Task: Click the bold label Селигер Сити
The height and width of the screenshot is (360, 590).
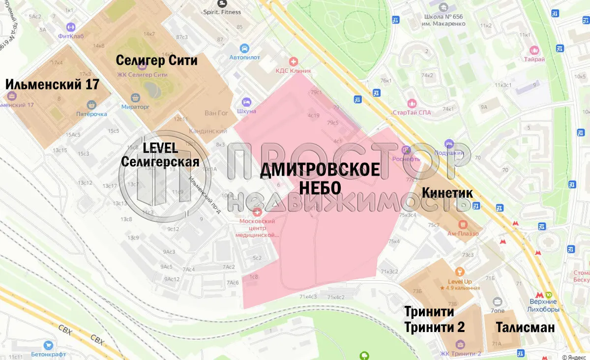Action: (x=156, y=60)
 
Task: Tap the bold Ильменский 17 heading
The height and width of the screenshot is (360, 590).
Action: (x=52, y=84)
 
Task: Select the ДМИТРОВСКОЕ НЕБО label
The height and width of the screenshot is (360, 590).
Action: (x=320, y=178)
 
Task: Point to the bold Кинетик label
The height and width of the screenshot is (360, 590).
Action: (x=447, y=193)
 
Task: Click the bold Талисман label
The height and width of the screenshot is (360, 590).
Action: (x=525, y=328)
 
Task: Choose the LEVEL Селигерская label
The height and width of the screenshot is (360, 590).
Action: (x=160, y=155)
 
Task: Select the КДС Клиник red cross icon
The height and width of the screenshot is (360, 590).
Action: (x=294, y=61)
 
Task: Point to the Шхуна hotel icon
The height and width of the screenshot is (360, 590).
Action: (x=247, y=102)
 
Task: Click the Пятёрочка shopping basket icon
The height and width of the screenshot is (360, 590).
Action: (x=91, y=105)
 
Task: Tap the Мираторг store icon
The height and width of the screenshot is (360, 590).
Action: (x=135, y=97)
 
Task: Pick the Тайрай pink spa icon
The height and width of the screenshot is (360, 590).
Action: (x=534, y=50)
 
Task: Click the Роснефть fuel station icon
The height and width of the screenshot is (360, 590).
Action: (x=406, y=150)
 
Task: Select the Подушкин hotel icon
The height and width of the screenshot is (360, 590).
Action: (x=448, y=144)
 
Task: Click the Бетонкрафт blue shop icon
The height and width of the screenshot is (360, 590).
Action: (x=48, y=346)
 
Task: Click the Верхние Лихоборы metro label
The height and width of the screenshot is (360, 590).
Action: (x=543, y=305)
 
